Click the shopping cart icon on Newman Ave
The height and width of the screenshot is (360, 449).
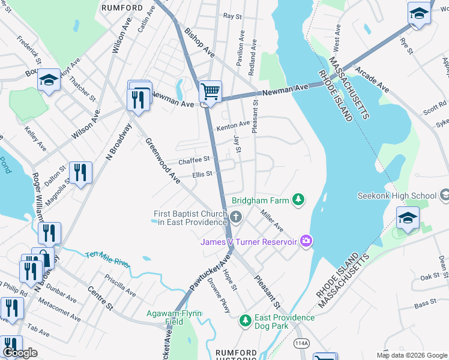pyautogui.click(x=210, y=92)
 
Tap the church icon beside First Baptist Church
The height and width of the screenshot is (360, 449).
pyautogui.click(x=236, y=217)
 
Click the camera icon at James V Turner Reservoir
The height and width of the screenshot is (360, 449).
pyautogui.click(x=307, y=241)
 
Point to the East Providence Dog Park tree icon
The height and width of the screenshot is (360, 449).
pyautogui.click(x=245, y=321)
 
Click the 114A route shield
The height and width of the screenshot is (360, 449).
pyautogui.click(x=302, y=343)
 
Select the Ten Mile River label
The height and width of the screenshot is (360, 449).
pyautogui.click(x=107, y=259)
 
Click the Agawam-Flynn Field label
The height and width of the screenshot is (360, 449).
pyautogui.click(x=174, y=317)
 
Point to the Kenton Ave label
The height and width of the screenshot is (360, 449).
pyautogui.click(x=232, y=124)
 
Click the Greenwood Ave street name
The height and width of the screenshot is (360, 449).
pyautogui.click(x=162, y=160)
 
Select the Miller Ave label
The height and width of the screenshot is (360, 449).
pyautogui.click(x=271, y=220)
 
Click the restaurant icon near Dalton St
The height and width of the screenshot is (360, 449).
pyautogui.click(x=79, y=172)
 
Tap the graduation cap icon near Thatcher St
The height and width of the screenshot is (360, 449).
pyautogui.click(x=49, y=80)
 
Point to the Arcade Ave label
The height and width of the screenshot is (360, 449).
pyautogui.click(x=372, y=79)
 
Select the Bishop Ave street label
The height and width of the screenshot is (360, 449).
pyautogui.click(x=199, y=42)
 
